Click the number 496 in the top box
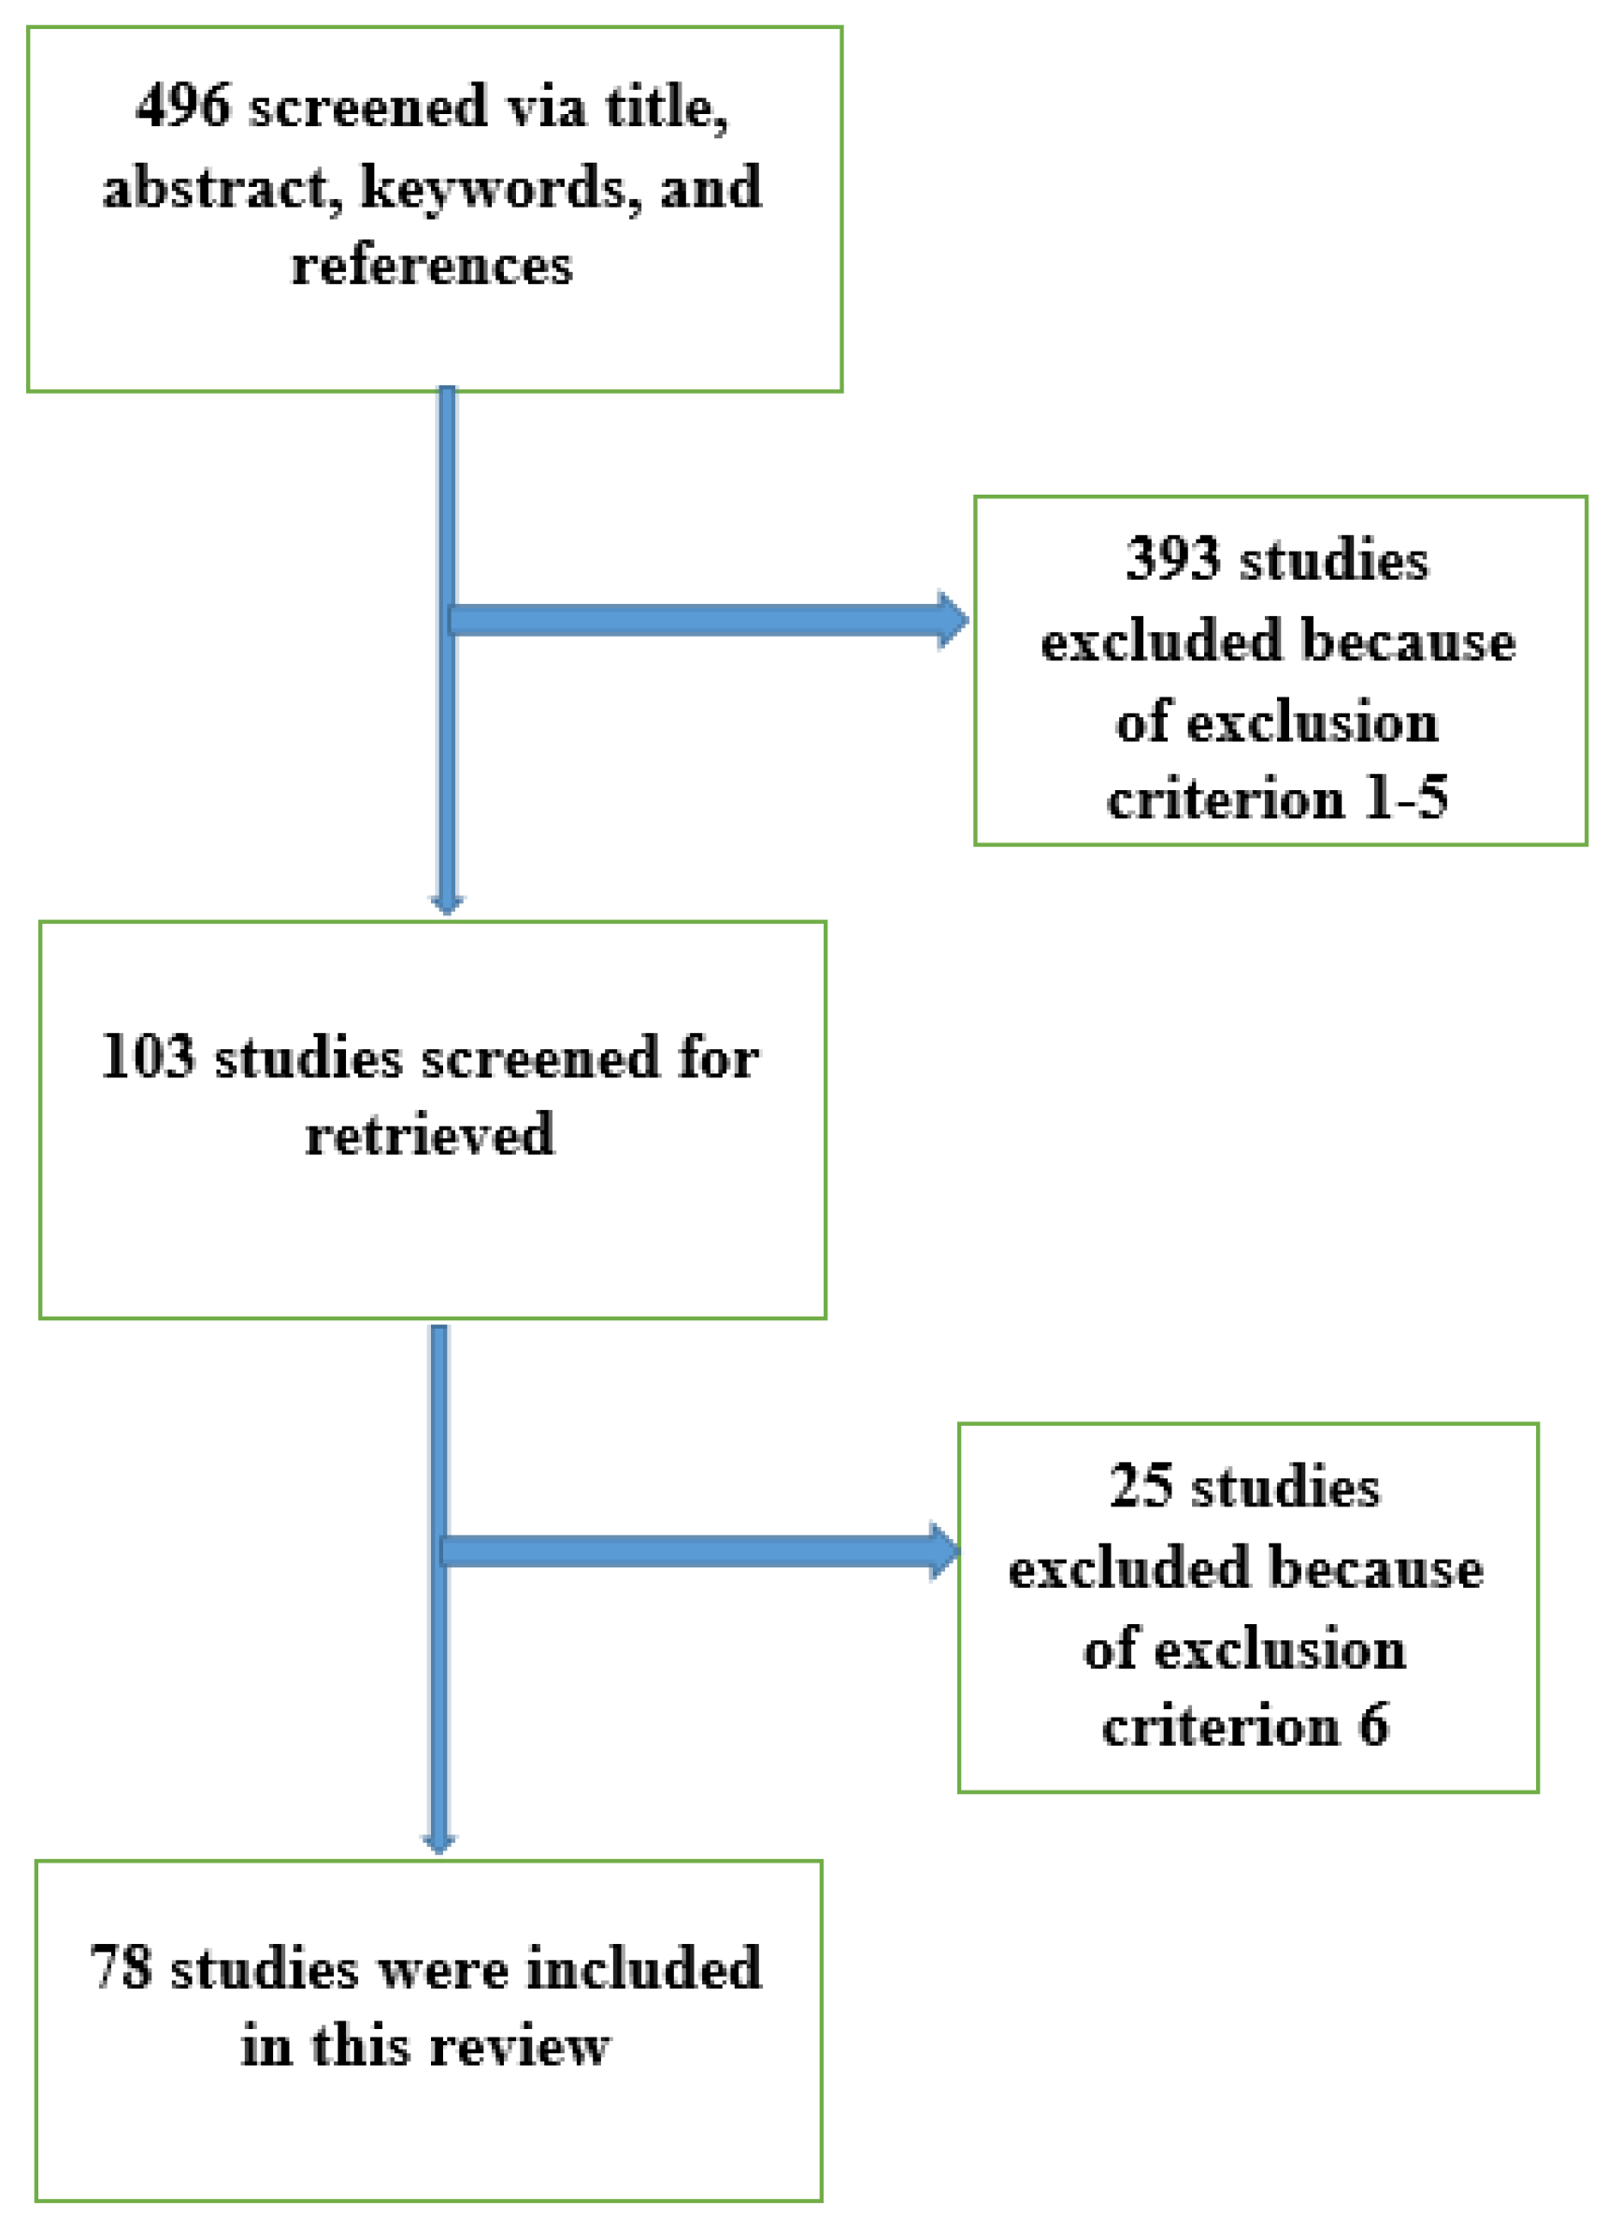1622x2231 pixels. point(184,106)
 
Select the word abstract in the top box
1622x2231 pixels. point(218,187)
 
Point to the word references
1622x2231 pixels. point(432,266)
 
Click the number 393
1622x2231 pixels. point(1171,559)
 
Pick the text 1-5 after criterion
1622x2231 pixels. point(1406,797)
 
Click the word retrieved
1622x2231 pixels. point(430,1134)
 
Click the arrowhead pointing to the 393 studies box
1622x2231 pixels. point(952,620)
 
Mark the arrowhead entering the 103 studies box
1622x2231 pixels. point(447,903)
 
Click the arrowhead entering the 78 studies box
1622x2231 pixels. point(438,1841)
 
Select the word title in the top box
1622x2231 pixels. point(665,106)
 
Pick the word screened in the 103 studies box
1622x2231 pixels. point(540,1058)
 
